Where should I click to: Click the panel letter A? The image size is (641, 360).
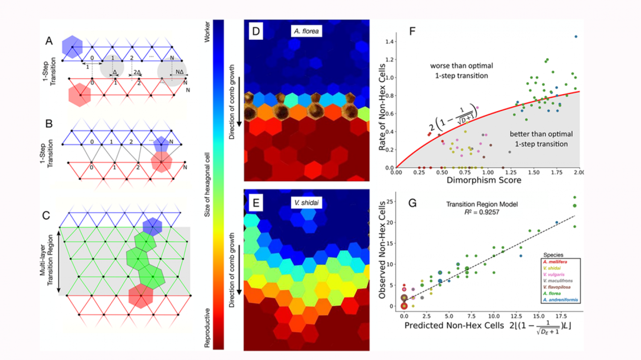tap(49, 41)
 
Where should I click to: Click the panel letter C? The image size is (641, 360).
tap(46, 215)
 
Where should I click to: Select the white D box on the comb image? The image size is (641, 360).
tap(256, 31)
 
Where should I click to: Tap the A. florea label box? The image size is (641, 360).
tap(306, 31)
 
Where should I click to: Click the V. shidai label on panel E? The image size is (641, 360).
tap(306, 203)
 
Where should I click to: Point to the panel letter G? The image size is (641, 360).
tap(412, 203)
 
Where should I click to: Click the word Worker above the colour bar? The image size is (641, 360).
tap(207, 32)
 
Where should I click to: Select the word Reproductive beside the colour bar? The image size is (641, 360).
tap(207, 328)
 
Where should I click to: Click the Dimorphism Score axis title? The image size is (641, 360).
tap(484, 180)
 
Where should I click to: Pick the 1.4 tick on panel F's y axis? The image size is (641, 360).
tap(389, 41)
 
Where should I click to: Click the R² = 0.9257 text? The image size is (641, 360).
tap(482, 212)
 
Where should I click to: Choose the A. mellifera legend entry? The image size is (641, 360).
tap(555, 262)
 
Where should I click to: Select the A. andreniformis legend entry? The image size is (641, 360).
tap(560, 300)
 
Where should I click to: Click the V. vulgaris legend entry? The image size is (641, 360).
tap(554, 274)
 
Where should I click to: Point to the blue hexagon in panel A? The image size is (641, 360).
tap(72, 47)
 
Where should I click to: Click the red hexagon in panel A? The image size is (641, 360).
tap(79, 95)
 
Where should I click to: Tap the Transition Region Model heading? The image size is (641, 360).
tap(482, 204)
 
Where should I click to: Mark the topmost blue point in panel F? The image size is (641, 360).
tap(576, 37)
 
